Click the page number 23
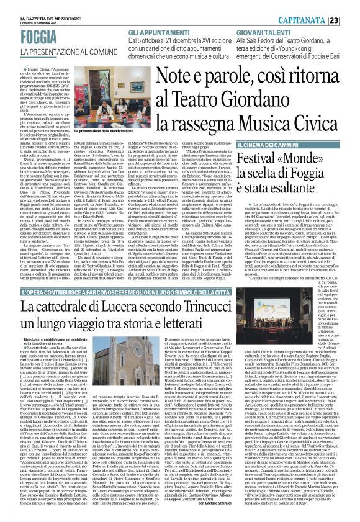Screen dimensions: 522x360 click(x=351, y=5)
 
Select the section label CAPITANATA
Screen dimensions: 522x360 click(x=323, y=5)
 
